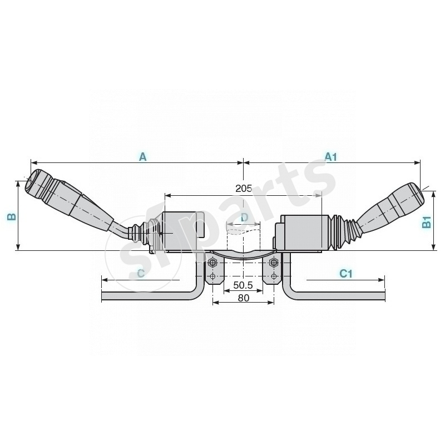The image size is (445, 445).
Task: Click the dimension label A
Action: pyautogui.click(x=142, y=157)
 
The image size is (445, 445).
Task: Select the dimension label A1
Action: pyautogui.click(x=331, y=157)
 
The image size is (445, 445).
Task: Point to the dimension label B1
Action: pyautogui.click(x=427, y=221)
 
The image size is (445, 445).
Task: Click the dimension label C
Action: pyautogui.click(x=141, y=273)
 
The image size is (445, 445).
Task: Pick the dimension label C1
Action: pyautogui.click(x=346, y=273)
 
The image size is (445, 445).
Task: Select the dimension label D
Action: pyautogui.click(x=244, y=216)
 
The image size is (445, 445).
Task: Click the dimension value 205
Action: pyautogui.click(x=244, y=189)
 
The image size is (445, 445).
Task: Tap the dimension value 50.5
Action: pyautogui.click(x=243, y=285)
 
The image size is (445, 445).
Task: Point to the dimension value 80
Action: pyautogui.click(x=243, y=298)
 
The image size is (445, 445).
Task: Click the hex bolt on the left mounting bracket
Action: pyautogui.click(x=212, y=263)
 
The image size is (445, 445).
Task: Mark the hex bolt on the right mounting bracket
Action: pyautogui.click(x=273, y=263)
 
